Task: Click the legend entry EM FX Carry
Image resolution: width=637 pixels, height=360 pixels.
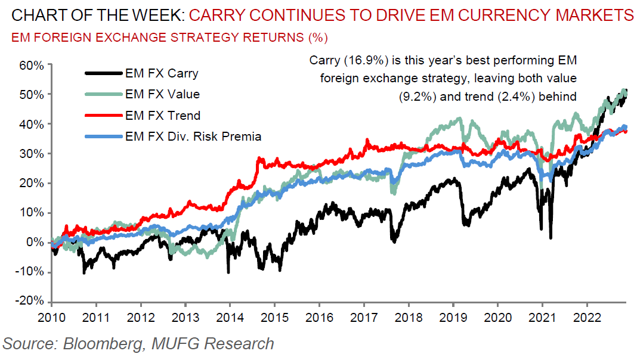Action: (x=162, y=75)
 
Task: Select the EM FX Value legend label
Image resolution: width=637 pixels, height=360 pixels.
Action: (x=162, y=94)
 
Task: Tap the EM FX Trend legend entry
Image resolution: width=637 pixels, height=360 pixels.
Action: (x=162, y=116)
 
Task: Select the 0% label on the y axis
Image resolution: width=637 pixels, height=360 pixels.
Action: (x=35, y=243)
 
